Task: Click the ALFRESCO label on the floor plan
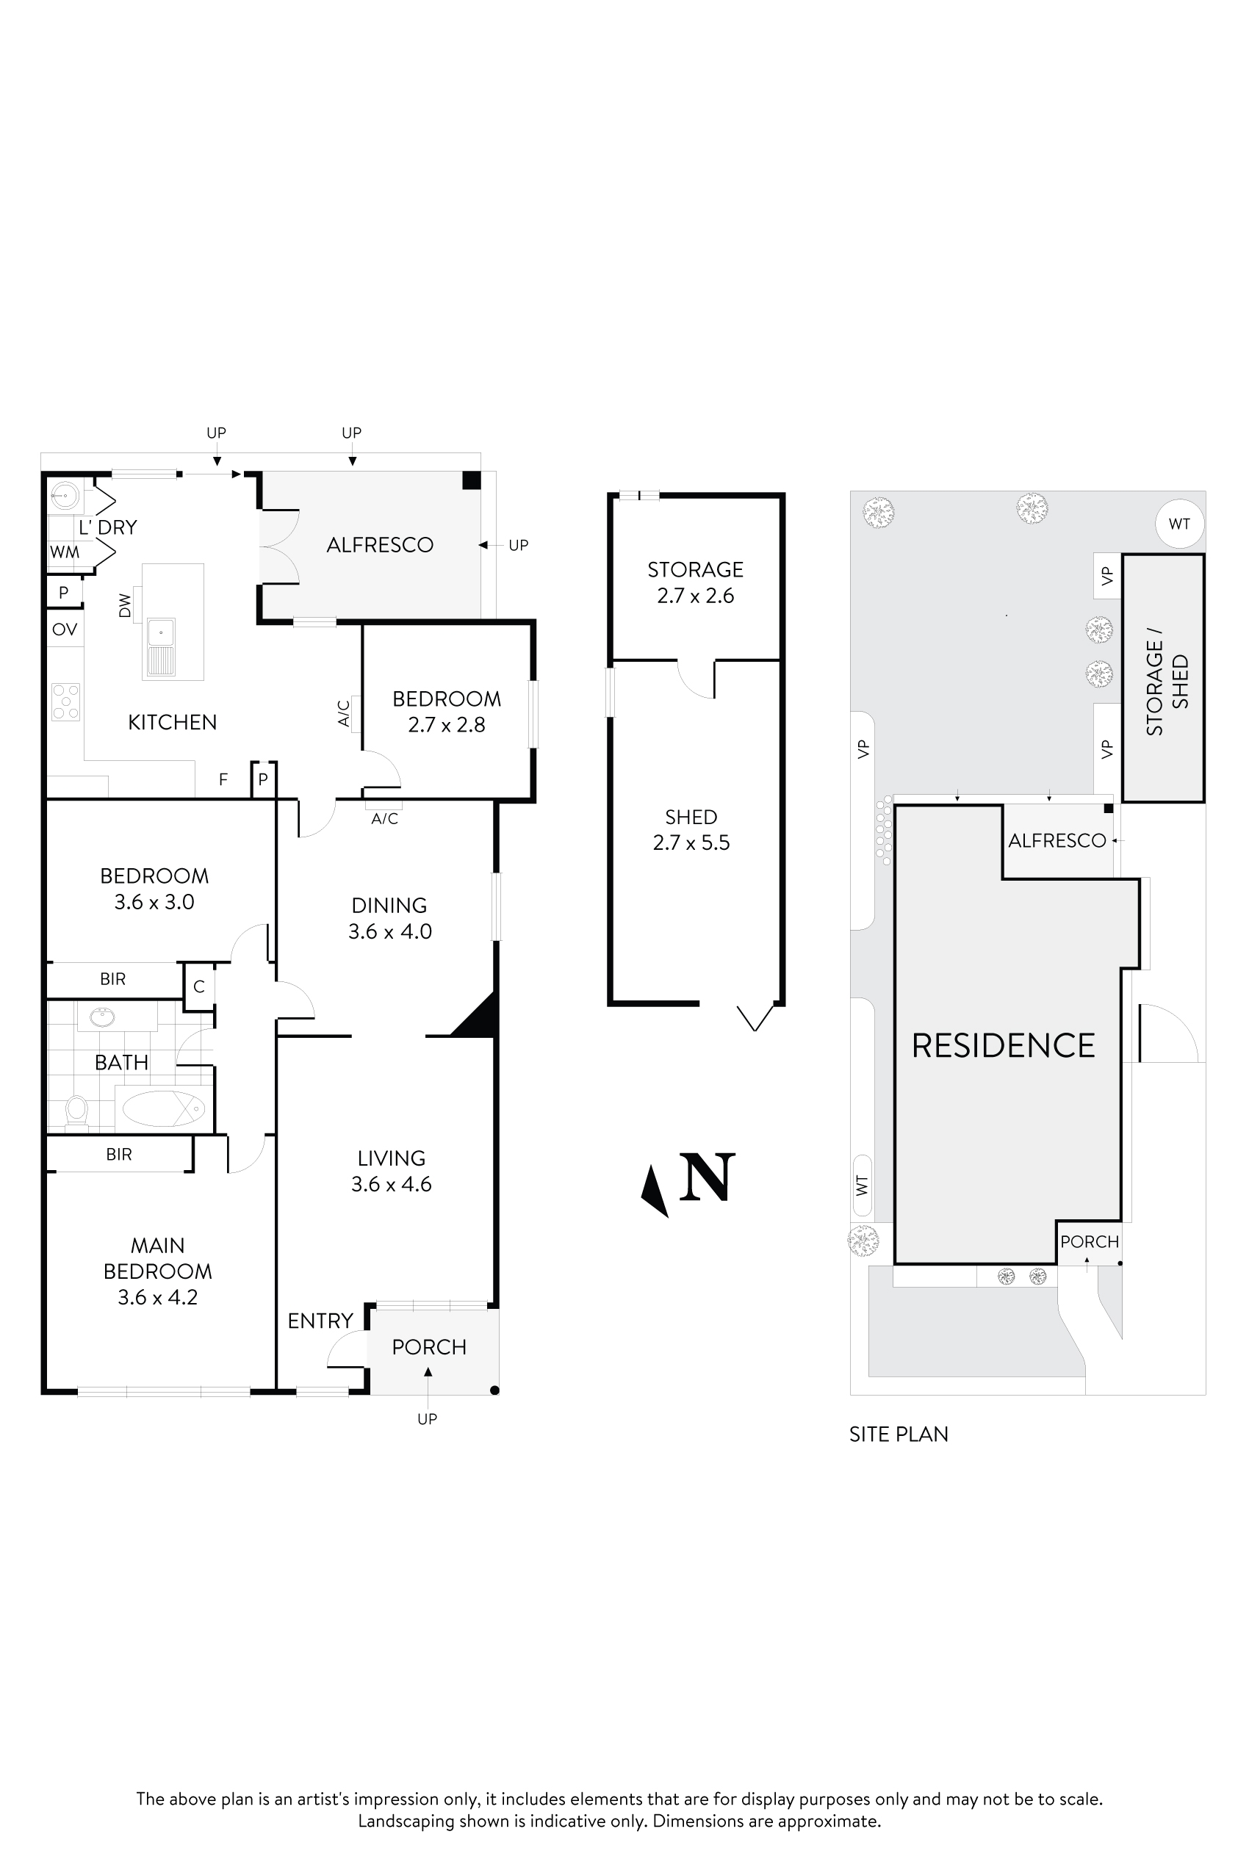click(x=380, y=545)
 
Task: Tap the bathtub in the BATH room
click(x=164, y=1108)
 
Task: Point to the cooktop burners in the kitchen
click(x=65, y=701)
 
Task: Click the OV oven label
click(x=65, y=630)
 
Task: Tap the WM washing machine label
click(x=65, y=552)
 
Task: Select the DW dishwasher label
click(x=125, y=605)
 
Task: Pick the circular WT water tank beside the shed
click(x=1179, y=524)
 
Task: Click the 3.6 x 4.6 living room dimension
click(x=391, y=1184)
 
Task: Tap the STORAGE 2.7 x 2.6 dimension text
click(x=695, y=596)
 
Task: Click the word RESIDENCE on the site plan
click(x=1003, y=1046)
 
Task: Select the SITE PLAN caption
click(x=899, y=1434)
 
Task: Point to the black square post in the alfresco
click(x=472, y=480)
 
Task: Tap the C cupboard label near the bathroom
click(x=199, y=986)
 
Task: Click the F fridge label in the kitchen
click(x=223, y=779)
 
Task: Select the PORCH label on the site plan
click(x=1089, y=1241)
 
